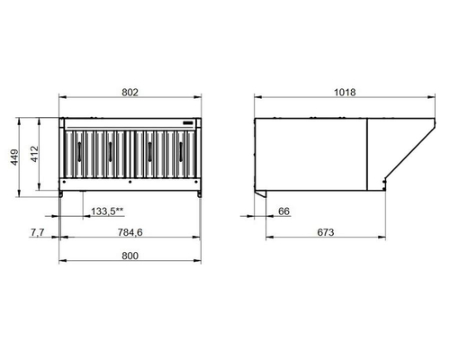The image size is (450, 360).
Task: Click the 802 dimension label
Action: pos(130,93)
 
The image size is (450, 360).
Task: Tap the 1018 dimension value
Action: pos(345,93)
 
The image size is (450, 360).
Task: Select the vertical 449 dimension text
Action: pos(14,157)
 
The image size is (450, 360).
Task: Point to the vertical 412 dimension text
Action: pos(34,154)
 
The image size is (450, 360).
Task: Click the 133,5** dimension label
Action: pos(107,211)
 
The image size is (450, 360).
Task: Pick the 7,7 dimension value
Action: pos(38,232)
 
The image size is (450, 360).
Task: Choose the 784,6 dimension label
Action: pos(130,232)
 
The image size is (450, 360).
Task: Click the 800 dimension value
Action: pos(130,256)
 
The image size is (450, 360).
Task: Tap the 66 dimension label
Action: pos(283,211)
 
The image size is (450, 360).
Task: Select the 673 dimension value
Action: pos(326,232)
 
